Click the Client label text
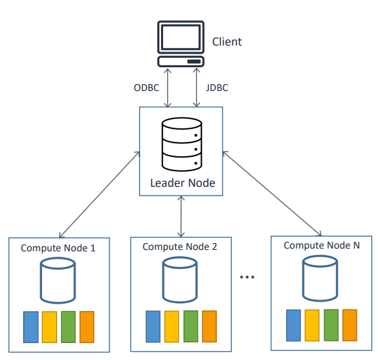tap(227, 41)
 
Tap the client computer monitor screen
tap(181, 37)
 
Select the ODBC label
tap(146, 88)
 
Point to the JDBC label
tap(217, 88)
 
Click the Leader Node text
tap(182, 183)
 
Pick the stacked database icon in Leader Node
tap(182, 145)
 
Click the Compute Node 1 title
tap(58, 248)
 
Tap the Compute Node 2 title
tap(180, 247)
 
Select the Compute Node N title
tap(322, 245)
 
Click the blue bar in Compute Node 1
tap(31, 327)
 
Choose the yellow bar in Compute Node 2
tap(171, 326)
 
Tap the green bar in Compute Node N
tap(331, 325)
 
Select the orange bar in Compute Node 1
tap(87, 327)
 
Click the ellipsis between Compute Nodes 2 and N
tap(247, 277)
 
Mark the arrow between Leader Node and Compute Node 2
tap(181, 216)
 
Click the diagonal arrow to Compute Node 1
tap(100, 194)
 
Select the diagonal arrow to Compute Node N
tap(272, 194)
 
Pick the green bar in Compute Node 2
tap(191, 326)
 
